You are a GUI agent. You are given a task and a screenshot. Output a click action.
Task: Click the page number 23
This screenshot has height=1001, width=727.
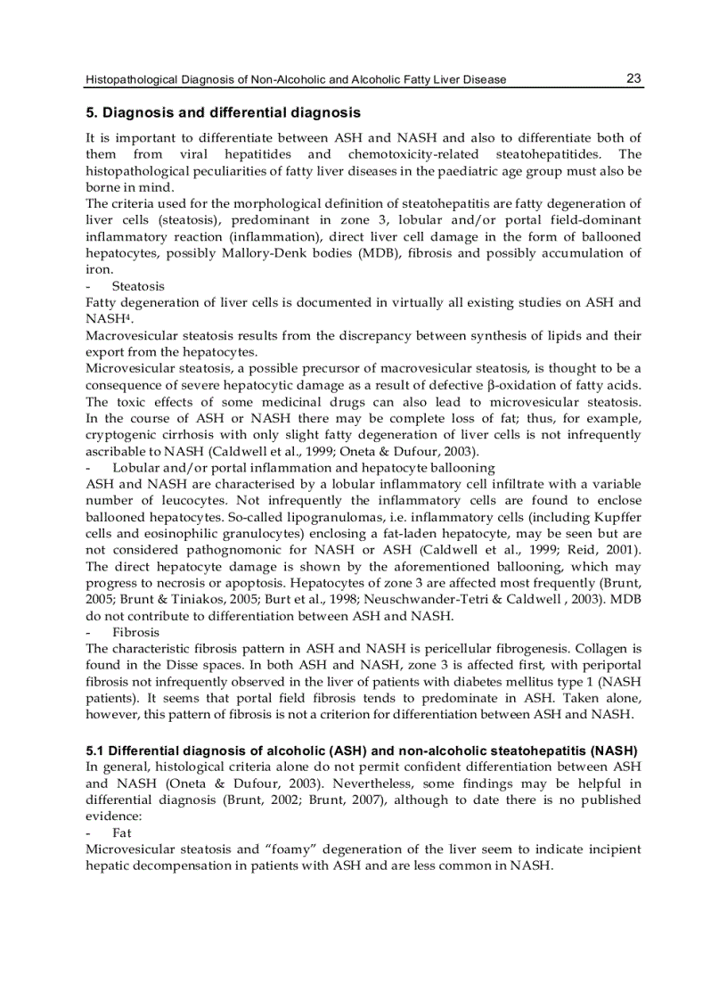(x=633, y=78)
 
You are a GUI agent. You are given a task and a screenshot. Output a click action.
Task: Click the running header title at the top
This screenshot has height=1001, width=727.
(x=296, y=80)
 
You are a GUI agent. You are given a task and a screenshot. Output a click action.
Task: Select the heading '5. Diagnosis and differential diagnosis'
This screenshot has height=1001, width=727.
(x=224, y=113)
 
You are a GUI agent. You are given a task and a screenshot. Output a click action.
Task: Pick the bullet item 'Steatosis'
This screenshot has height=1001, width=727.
(x=138, y=286)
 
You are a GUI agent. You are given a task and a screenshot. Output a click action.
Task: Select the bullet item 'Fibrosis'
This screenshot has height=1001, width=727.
(x=136, y=631)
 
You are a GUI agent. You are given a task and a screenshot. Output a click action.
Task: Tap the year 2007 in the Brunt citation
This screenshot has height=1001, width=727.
(x=367, y=800)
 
